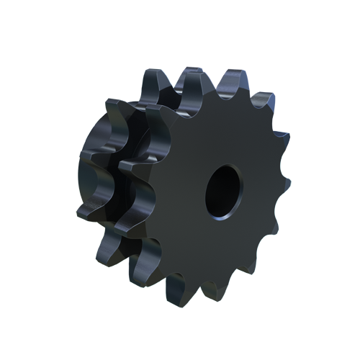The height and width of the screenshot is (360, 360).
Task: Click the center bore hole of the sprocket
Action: tap(225, 190)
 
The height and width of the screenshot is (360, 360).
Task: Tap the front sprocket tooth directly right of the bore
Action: tap(284, 180)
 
